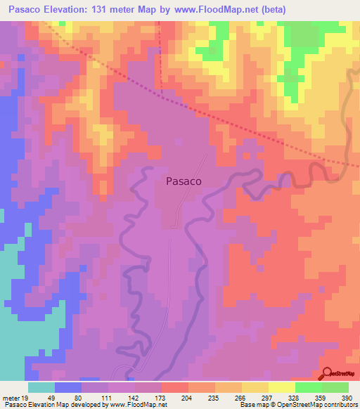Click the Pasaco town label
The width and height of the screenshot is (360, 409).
pyautogui.click(x=184, y=181)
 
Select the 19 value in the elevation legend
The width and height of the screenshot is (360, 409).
pyautogui.click(x=23, y=397)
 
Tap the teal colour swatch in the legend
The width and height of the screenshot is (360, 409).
pyautogui.click(x=41, y=387)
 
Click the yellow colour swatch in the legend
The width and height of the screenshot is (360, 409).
pyautogui.click(x=282, y=387)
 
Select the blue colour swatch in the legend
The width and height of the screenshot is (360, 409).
pyautogui.click(x=68, y=387)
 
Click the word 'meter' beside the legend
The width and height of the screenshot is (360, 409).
pyautogui.click(x=10, y=397)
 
